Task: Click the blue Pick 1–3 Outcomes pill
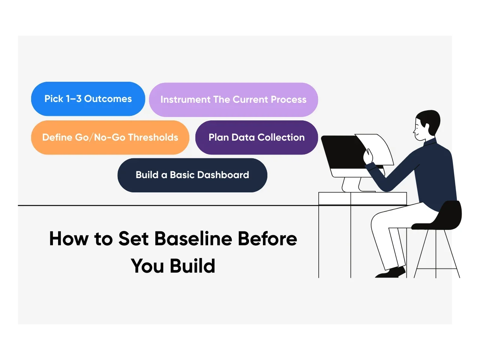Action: click(88, 99)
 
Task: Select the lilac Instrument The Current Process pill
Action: click(233, 100)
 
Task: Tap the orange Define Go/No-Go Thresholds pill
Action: click(110, 138)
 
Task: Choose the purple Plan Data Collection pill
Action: click(256, 138)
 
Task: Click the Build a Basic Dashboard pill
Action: click(192, 175)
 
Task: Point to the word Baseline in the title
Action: click(193, 238)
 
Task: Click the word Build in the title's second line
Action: click(192, 266)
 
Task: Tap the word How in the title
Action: click(69, 238)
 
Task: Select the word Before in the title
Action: click(267, 238)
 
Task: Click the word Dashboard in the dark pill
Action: click(223, 175)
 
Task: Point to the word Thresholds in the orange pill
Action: click(153, 138)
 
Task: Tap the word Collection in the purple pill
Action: click(281, 138)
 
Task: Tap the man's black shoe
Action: click(391, 272)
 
